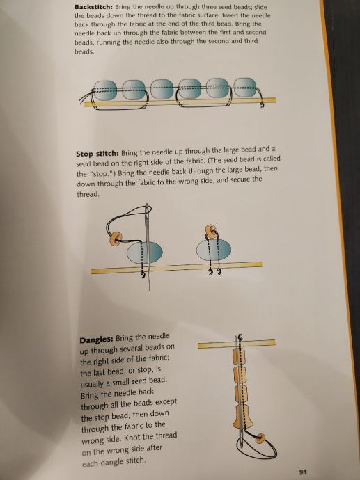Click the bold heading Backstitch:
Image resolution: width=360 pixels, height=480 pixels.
(94, 7)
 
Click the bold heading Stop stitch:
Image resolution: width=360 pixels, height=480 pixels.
(97, 153)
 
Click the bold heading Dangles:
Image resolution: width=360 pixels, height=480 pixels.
(96, 339)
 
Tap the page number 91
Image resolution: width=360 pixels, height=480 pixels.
(303, 472)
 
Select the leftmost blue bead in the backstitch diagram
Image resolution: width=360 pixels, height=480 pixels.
(104, 90)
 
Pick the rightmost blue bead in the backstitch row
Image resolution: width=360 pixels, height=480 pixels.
(245, 88)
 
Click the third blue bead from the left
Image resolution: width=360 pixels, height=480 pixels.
(162, 89)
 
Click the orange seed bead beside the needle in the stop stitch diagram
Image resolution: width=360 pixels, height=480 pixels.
(116, 239)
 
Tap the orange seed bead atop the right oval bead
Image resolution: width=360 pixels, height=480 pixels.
(211, 230)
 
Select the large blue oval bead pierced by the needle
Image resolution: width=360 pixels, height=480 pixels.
(145, 253)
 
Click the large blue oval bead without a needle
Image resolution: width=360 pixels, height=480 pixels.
(214, 250)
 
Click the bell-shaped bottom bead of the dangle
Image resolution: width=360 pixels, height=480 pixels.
(243, 416)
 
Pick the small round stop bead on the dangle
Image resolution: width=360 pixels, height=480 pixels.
(260, 438)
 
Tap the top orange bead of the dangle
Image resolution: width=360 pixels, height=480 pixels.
(240, 357)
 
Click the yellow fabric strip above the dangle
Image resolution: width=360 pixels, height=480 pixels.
(237, 344)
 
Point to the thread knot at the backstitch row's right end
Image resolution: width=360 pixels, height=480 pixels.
(262, 105)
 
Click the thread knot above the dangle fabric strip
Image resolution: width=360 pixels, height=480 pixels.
(240, 337)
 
